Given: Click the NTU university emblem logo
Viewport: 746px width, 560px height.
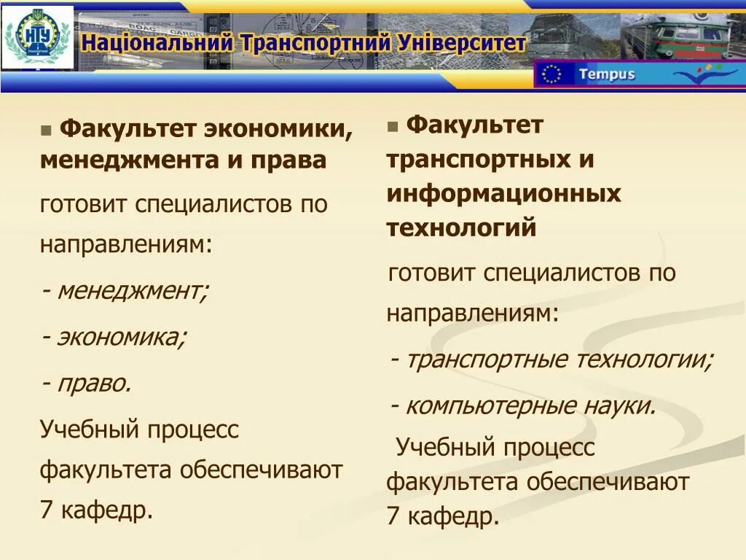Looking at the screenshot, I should click(x=37, y=36).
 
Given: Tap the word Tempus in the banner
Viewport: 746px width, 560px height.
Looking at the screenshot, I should click(x=606, y=74).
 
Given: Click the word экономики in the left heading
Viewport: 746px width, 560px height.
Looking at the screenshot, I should click(x=279, y=129).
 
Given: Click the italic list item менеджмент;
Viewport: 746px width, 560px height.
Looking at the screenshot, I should click(x=132, y=291).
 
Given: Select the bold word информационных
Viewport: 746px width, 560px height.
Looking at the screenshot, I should click(x=503, y=194).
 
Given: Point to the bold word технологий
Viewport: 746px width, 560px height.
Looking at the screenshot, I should click(x=461, y=228).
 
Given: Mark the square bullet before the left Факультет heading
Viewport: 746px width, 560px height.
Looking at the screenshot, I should click(x=47, y=131).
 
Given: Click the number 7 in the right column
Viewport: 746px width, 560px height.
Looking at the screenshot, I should click(x=393, y=516).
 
